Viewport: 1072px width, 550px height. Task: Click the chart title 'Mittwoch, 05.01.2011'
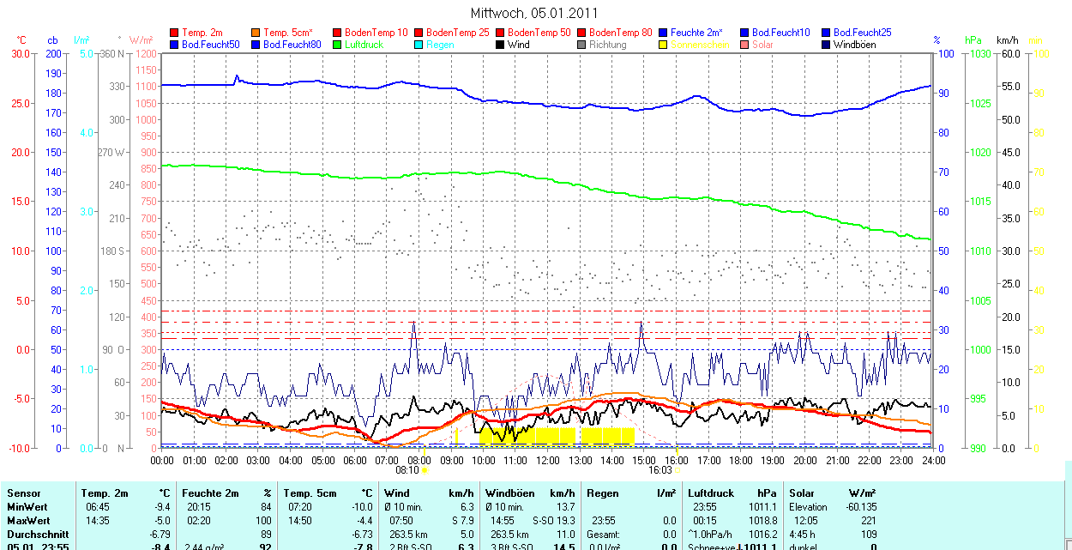(x=535, y=13)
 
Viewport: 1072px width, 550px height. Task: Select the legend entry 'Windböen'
(x=854, y=45)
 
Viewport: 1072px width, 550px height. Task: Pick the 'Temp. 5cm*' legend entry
(x=288, y=33)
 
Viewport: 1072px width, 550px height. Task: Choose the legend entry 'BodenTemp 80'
(x=620, y=33)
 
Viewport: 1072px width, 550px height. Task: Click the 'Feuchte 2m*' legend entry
(x=696, y=33)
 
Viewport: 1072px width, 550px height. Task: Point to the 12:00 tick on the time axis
(x=548, y=460)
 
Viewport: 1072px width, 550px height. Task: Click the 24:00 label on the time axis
(x=933, y=460)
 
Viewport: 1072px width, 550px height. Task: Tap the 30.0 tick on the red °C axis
(x=18, y=54)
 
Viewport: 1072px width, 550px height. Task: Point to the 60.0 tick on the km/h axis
(x=1009, y=54)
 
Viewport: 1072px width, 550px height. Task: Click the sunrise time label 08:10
(x=407, y=470)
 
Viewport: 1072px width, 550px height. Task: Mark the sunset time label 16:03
(x=659, y=470)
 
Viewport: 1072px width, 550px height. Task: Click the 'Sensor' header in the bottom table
(x=23, y=493)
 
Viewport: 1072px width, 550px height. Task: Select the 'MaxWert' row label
(x=28, y=521)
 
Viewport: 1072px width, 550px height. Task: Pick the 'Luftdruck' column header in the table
(x=710, y=493)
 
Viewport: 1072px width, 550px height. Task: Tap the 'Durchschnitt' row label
(x=37, y=534)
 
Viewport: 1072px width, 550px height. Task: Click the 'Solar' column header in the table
(x=802, y=493)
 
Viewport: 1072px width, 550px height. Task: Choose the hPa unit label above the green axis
(x=973, y=40)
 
